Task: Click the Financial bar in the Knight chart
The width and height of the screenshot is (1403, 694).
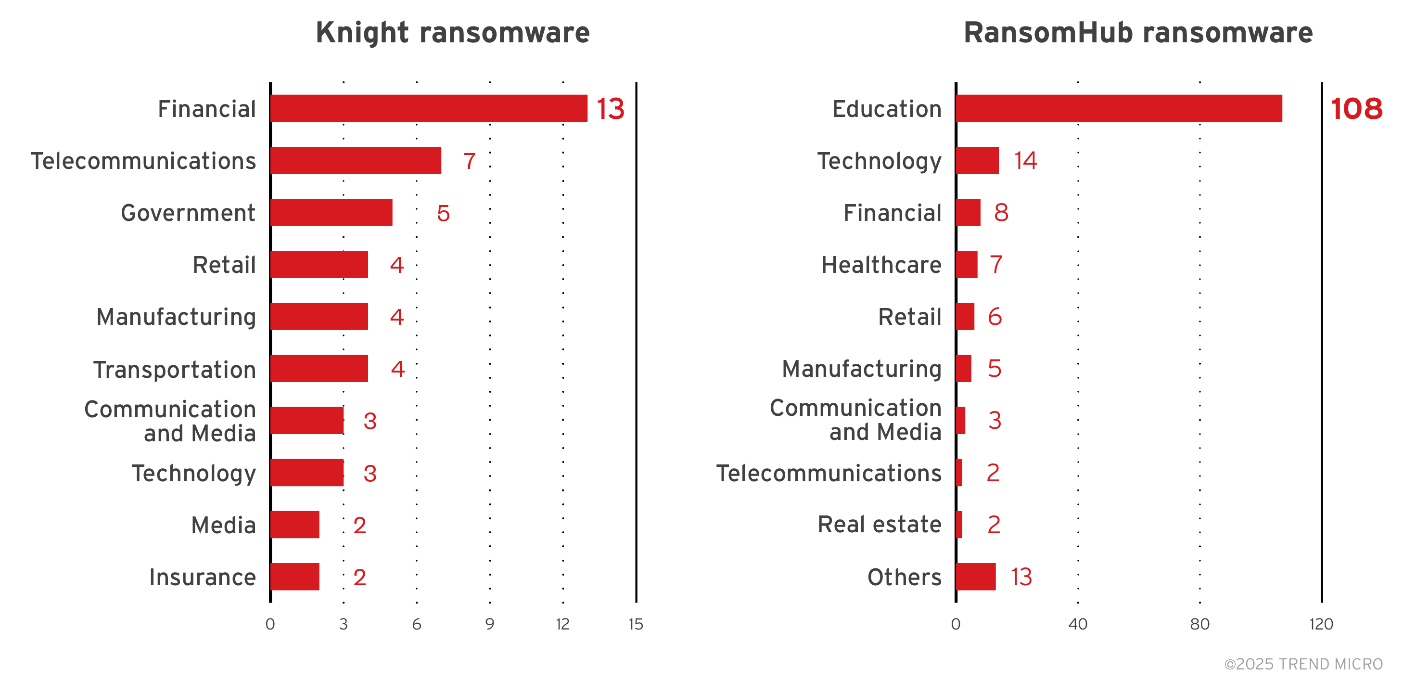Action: (x=429, y=108)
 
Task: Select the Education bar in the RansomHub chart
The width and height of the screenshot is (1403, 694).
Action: (x=1119, y=108)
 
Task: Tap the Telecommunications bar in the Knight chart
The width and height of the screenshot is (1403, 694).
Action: (x=356, y=160)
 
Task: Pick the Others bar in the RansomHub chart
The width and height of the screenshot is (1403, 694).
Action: (x=975, y=577)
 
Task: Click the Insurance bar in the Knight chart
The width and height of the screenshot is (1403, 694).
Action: (x=294, y=577)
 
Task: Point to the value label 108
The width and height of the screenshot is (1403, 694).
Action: (x=1356, y=108)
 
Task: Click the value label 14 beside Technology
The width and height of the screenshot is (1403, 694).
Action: (x=1025, y=160)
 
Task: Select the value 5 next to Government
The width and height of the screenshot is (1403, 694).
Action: (x=443, y=213)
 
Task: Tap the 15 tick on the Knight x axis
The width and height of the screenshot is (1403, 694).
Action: (x=636, y=624)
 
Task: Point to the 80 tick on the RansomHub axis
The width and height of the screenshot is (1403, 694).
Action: (x=1199, y=624)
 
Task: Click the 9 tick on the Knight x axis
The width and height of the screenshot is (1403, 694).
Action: (x=489, y=624)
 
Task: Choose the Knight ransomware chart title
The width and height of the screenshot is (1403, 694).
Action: (x=453, y=33)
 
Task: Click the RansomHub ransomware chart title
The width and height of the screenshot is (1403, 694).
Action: (x=1138, y=33)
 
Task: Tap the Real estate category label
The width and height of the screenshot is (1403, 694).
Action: (x=879, y=525)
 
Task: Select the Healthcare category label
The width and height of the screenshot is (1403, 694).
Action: (x=881, y=265)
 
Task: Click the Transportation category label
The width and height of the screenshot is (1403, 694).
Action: (x=174, y=369)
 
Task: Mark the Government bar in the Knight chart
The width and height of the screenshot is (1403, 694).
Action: (x=331, y=212)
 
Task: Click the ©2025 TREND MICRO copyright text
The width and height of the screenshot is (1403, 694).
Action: (x=1303, y=664)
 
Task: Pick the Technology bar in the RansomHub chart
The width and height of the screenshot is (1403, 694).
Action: (x=977, y=160)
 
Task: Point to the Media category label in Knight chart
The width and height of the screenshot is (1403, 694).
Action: (x=223, y=525)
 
